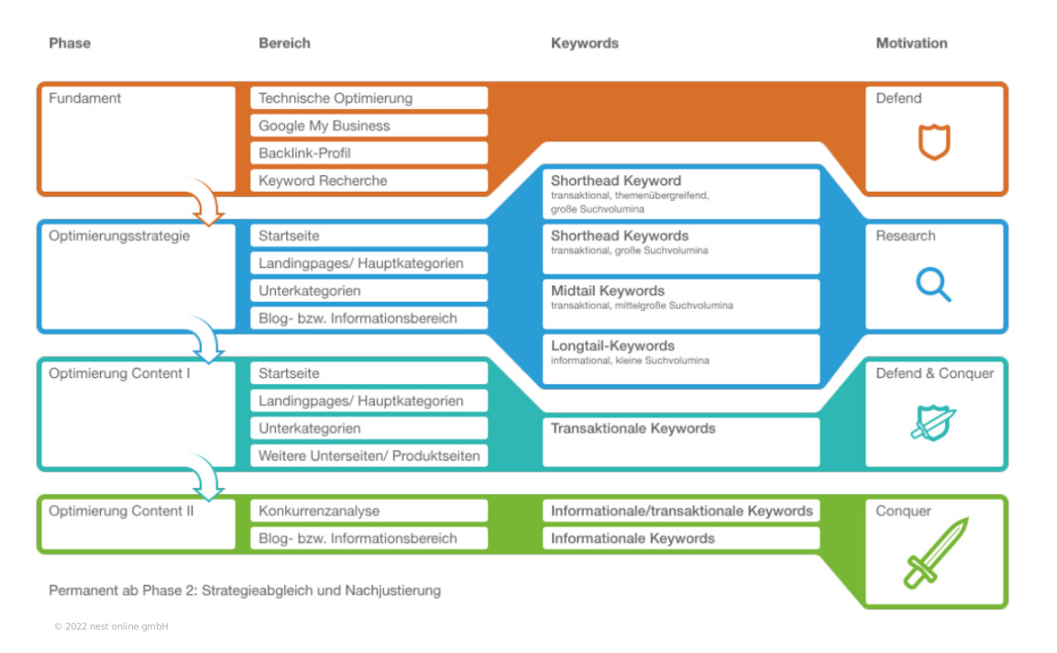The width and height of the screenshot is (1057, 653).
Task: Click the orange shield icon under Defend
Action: pos(934,142)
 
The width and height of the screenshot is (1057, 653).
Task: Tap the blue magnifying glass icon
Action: pos(933,284)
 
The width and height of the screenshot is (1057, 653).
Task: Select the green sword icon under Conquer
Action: pos(934,553)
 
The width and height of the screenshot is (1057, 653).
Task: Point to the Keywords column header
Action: pos(585,43)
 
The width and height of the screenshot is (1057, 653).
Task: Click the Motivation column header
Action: pos(911,43)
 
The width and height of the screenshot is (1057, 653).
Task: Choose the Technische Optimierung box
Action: pos(369,98)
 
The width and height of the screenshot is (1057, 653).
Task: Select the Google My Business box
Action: pos(369,126)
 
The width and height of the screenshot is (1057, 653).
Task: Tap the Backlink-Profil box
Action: pos(369,153)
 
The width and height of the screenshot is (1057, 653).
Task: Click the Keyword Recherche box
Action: pos(369,181)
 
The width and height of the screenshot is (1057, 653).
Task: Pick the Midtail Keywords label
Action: pos(608,291)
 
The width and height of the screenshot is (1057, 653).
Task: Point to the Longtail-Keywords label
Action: pos(612,346)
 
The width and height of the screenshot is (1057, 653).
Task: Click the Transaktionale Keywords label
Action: pos(633,428)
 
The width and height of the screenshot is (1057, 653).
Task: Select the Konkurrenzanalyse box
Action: pos(369,511)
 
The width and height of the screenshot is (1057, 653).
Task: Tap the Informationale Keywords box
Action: pos(680,538)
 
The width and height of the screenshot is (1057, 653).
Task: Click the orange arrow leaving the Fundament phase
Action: pos(207,203)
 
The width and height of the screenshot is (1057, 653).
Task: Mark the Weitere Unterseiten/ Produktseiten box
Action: pos(369,456)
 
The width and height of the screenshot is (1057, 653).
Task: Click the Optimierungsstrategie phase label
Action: pos(119,236)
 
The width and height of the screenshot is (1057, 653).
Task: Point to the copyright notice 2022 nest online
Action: pos(111,626)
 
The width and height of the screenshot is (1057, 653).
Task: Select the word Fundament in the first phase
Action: pos(84,98)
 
